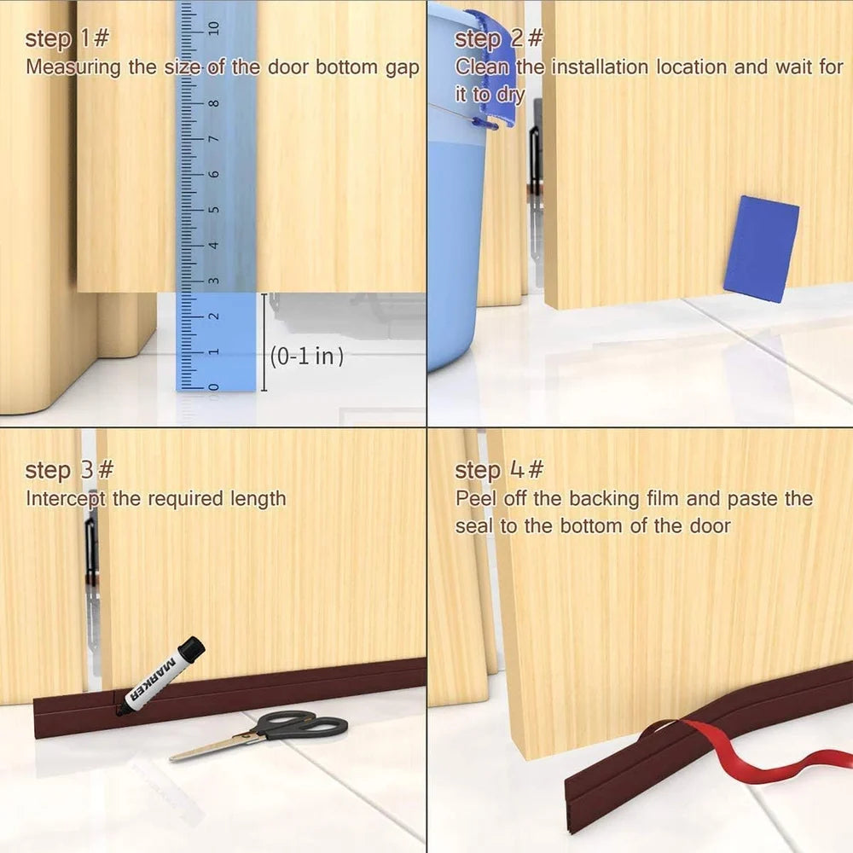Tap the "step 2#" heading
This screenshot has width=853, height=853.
click(499, 39)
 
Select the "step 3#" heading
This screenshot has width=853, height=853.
click(69, 470)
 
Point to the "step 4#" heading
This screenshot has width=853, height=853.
click(499, 470)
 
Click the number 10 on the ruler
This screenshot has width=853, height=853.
click(214, 27)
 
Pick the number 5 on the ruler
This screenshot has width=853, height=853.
click(214, 210)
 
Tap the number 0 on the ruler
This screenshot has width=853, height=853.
click(214, 386)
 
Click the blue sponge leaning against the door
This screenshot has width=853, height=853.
click(761, 248)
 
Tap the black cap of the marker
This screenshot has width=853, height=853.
click(190, 650)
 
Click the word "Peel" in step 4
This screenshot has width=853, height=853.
click(475, 499)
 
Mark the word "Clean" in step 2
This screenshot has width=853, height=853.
click(483, 67)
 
